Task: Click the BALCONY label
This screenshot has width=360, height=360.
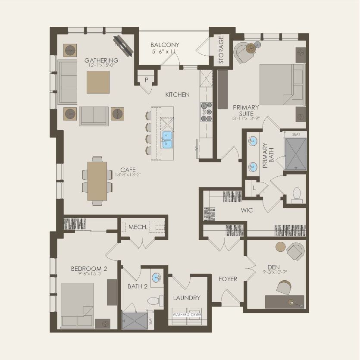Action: coord(165,45)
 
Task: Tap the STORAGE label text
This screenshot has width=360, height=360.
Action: coord(221,50)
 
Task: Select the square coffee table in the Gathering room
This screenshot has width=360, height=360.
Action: coord(98,81)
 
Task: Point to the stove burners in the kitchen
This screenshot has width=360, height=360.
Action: coord(207,112)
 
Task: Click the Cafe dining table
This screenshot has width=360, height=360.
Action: coord(97,181)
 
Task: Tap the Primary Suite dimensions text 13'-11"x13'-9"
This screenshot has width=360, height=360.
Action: coord(246,118)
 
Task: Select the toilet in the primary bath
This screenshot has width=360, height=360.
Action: coord(297,195)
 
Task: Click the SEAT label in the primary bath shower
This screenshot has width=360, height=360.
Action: coord(296,135)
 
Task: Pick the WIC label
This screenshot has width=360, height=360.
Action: coord(247,210)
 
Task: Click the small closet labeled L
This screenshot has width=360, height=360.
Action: coord(255,188)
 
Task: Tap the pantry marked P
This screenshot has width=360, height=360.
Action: coord(147,80)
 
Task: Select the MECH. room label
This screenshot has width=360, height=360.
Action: coord(138,227)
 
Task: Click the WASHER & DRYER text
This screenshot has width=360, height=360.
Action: coord(187,314)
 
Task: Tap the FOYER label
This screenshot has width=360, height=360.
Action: coord(228,279)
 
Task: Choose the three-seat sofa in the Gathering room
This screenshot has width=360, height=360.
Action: coord(68,82)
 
